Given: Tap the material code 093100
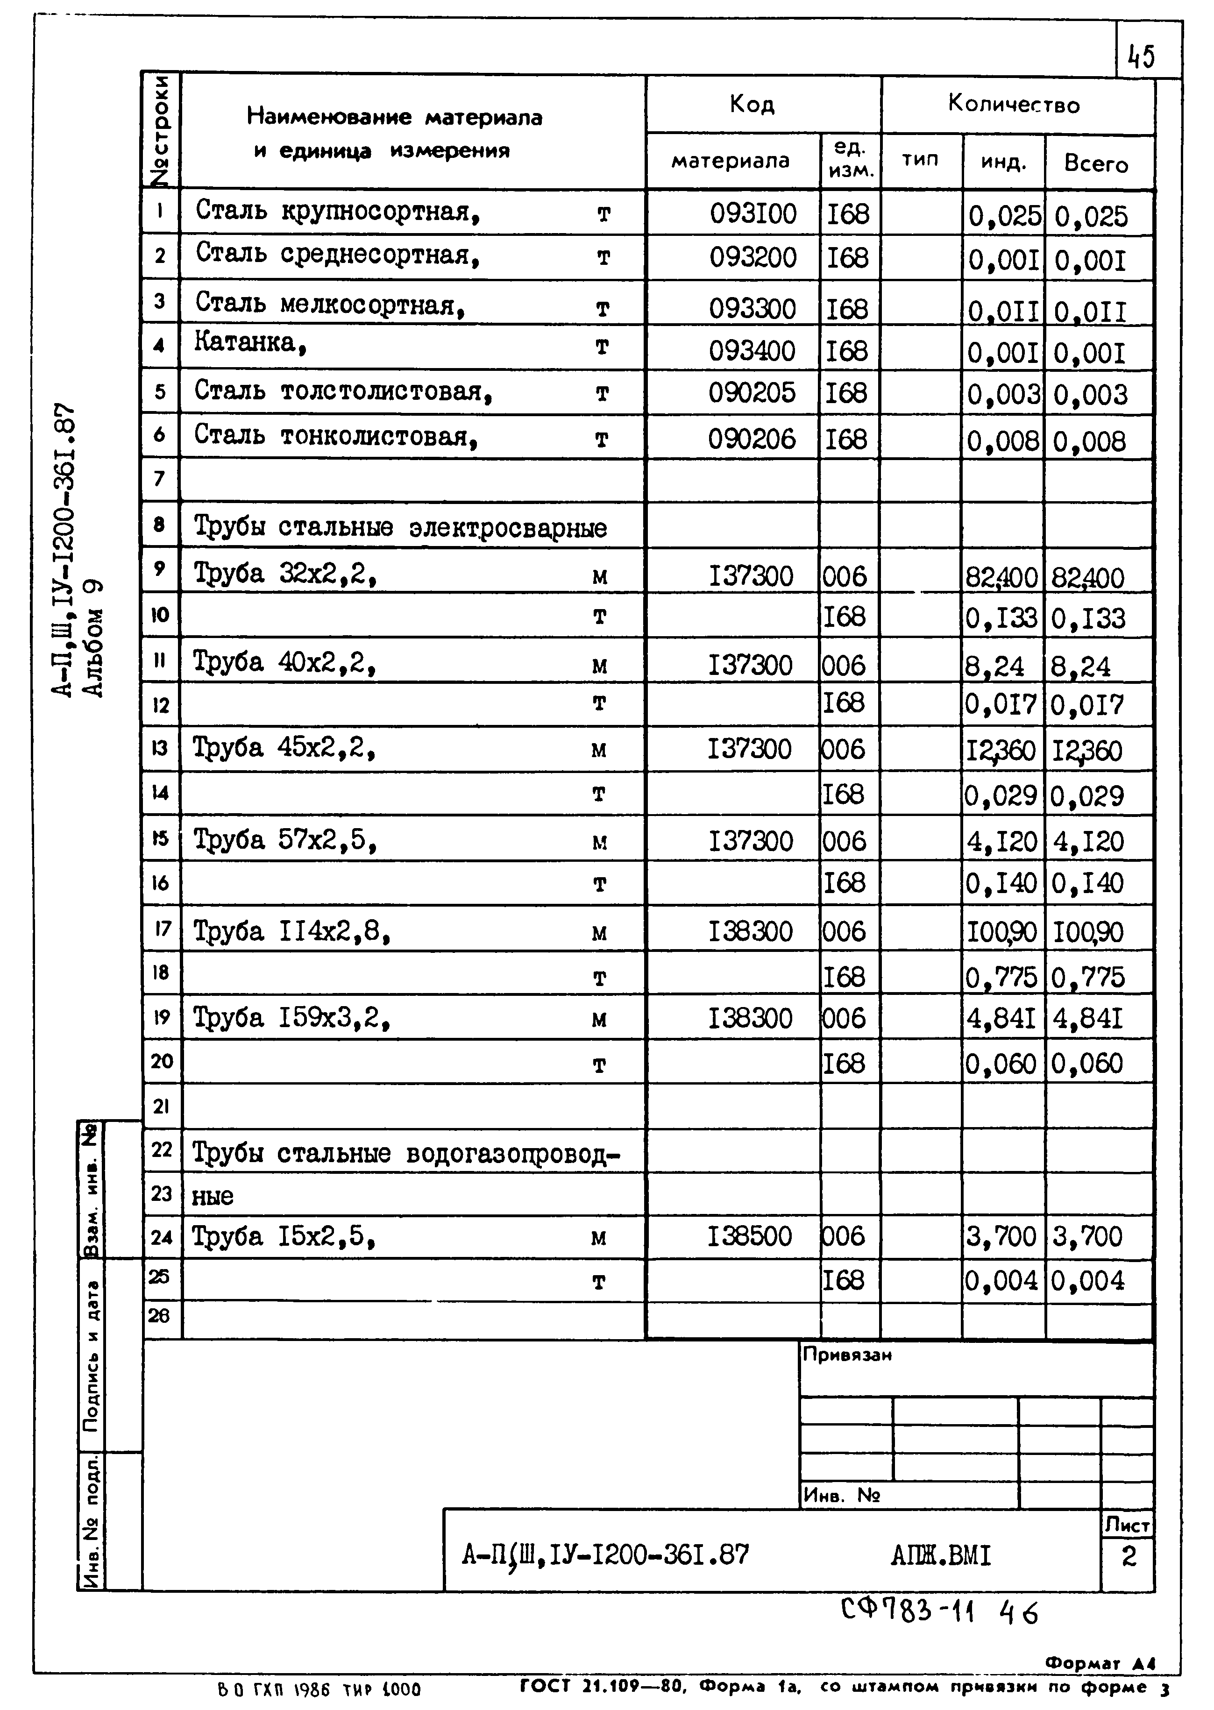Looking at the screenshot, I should point(753,214).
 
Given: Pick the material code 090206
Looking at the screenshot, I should point(752,439).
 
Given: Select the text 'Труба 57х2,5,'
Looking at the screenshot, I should point(284,841).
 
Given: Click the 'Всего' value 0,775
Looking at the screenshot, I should point(1088,977).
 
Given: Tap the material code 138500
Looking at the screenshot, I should point(750,1236).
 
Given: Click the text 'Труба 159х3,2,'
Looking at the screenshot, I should point(291,1018).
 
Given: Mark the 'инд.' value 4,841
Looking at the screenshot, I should point(1001,1019).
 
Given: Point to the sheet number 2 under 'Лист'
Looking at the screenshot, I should point(1128,1556).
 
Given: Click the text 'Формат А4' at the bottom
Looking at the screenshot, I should point(1100,1663).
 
